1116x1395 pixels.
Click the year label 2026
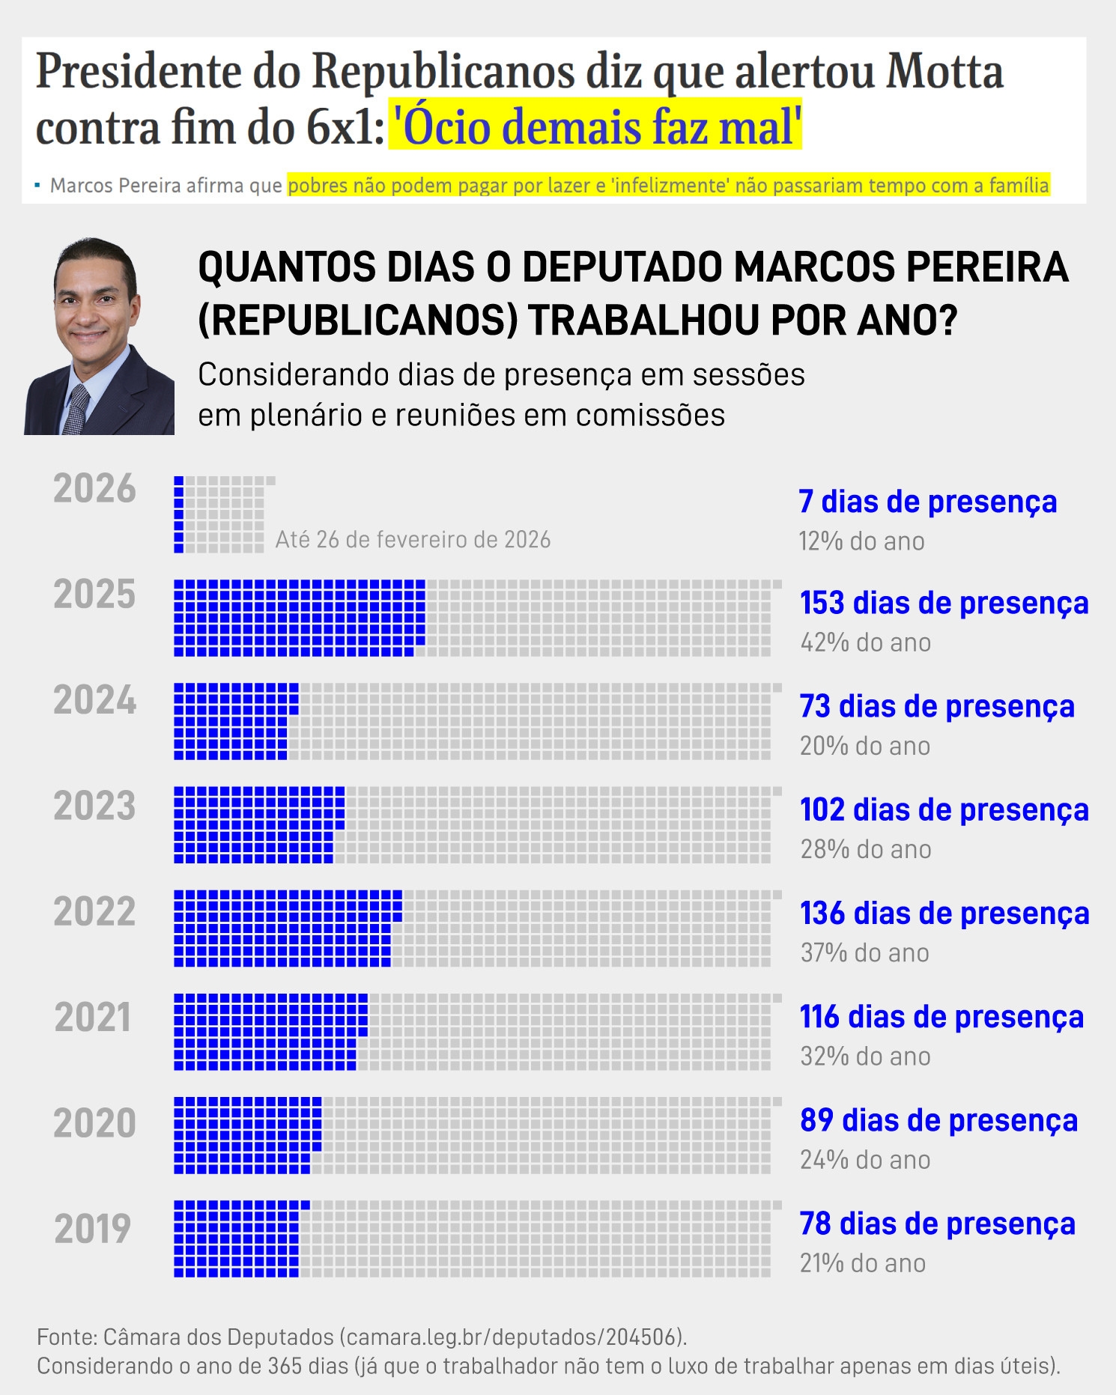pyautogui.click(x=94, y=489)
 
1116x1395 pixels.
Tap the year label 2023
pyautogui.click(x=94, y=806)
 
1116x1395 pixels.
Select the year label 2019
pyautogui.click(x=93, y=1230)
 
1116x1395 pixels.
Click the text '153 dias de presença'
pyautogui.click(x=944, y=604)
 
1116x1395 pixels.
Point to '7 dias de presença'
pyautogui.click(x=927, y=502)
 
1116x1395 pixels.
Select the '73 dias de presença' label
pyautogui.click(x=936, y=707)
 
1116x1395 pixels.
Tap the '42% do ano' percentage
pyautogui.click(x=865, y=643)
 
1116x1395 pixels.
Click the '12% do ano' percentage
pyautogui.click(x=861, y=541)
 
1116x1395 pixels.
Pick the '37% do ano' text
pyautogui.click(x=864, y=953)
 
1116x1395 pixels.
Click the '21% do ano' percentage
pyautogui.click(x=863, y=1264)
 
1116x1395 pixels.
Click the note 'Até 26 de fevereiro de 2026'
pyautogui.click(x=413, y=540)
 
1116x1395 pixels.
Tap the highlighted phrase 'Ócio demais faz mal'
pyautogui.click(x=595, y=127)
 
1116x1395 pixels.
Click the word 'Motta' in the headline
pyautogui.click(x=944, y=72)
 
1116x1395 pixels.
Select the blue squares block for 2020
pyautogui.click(x=246, y=1135)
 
